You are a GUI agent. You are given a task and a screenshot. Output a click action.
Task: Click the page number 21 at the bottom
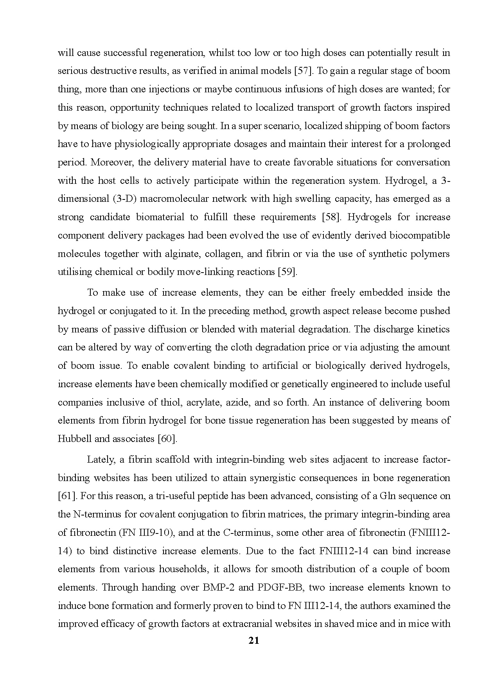254,641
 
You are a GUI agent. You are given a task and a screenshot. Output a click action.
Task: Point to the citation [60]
167,439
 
